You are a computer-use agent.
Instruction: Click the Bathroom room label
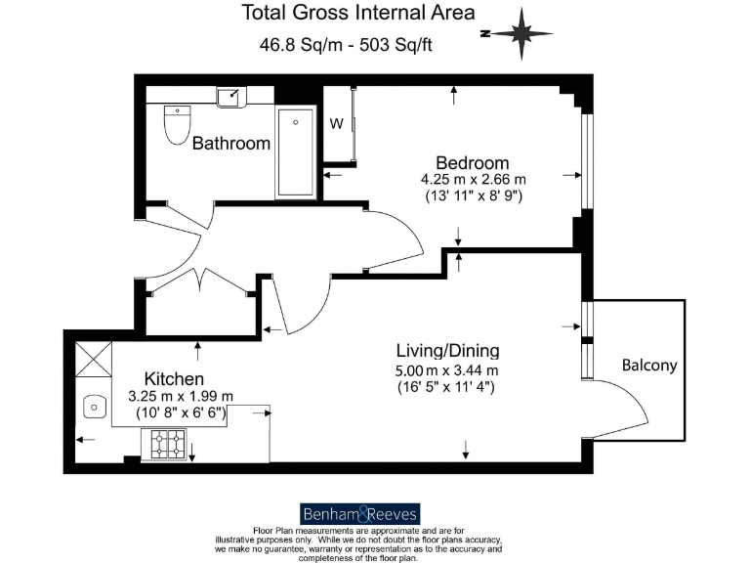pos(230,144)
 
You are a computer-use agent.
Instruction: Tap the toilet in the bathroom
pos(177,124)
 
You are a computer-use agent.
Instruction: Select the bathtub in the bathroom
pos(296,152)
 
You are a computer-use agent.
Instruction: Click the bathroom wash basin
pos(232,96)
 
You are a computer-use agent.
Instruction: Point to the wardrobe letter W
pos(336,124)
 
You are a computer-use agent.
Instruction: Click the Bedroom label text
pos(472,162)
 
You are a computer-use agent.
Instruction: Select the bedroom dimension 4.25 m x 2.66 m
pos(472,179)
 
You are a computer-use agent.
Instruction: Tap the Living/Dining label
pos(447,351)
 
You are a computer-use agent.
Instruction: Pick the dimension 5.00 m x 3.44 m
pos(447,369)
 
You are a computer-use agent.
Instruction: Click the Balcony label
pos(649,366)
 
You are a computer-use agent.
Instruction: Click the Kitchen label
pos(174,378)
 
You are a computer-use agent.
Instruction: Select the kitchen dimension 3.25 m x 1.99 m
pos(182,396)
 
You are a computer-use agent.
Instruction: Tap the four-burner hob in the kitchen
pos(168,446)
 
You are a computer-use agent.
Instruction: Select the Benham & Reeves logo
pos(358,514)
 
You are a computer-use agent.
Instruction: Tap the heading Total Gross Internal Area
pos(358,14)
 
